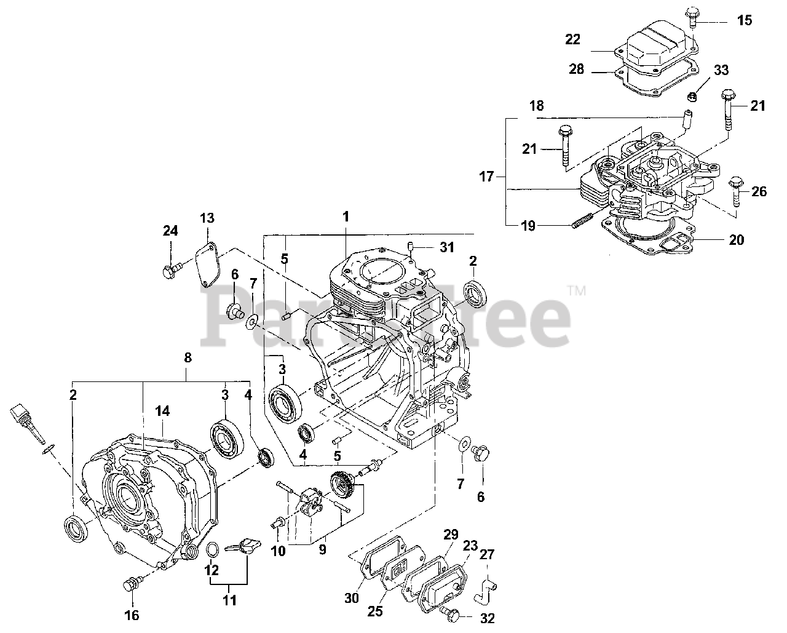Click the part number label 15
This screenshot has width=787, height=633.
744,21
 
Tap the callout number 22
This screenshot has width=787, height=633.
572,40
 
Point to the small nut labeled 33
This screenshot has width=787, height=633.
692,97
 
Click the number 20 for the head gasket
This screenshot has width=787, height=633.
736,239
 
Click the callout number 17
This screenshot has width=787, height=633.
486,177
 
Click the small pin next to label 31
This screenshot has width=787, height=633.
410,247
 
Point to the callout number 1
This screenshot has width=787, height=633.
346,217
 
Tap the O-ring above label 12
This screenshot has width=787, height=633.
212,549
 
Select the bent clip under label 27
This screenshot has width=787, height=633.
486,589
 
